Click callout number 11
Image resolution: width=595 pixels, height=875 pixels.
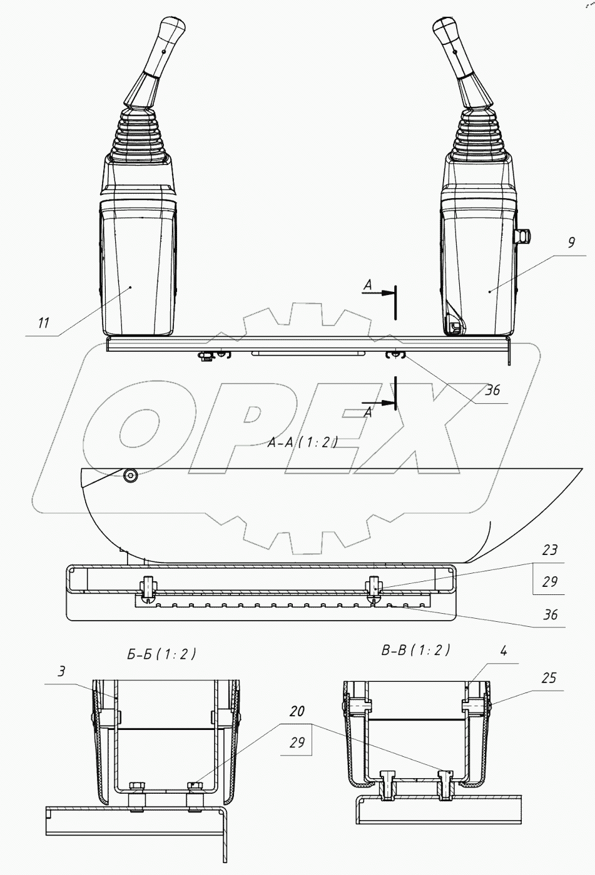[x=44, y=322]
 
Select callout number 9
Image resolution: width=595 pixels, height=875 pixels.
[x=571, y=242]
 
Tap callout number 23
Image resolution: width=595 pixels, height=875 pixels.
[x=549, y=550]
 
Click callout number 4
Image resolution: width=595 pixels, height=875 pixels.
[x=504, y=651]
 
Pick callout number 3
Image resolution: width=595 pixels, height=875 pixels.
[x=61, y=671]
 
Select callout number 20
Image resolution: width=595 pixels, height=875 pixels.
[x=297, y=711]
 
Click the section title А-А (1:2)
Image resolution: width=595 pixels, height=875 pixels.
[x=302, y=443]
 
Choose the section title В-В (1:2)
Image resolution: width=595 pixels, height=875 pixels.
[x=415, y=650]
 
